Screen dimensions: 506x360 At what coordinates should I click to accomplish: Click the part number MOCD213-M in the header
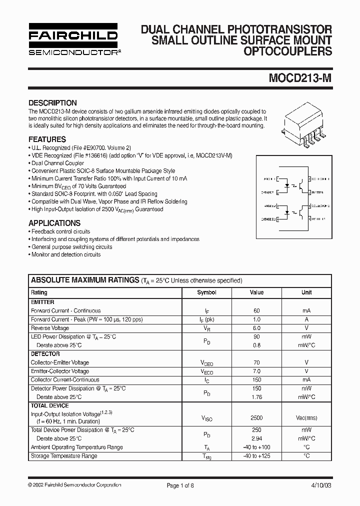click(x=300, y=79)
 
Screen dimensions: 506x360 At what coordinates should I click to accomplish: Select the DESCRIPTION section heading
click(x=52, y=103)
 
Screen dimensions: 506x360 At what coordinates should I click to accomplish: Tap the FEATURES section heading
click(x=47, y=139)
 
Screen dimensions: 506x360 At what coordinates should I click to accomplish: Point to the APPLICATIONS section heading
click(x=54, y=223)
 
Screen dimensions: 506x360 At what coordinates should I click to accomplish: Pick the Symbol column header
click(x=206, y=292)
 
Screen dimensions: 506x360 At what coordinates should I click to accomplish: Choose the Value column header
click(x=256, y=292)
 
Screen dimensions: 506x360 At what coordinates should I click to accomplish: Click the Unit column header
click(x=306, y=292)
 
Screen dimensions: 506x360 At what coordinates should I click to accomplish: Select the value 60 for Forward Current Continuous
click(x=256, y=310)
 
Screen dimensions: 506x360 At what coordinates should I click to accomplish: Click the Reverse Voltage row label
click(x=50, y=328)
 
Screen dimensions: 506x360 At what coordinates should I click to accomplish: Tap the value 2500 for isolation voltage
click(x=256, y=417)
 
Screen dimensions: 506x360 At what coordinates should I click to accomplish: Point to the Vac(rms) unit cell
click(x=306, y=417)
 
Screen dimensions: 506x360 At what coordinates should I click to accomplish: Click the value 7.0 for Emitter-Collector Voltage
click(x=256, y=371)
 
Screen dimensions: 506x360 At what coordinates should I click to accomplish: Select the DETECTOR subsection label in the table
click(x=45, y=354)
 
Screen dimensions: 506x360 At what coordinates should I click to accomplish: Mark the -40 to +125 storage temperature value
click(x=256, y=456)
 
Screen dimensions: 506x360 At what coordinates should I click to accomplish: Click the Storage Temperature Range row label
click(x=64, y=456)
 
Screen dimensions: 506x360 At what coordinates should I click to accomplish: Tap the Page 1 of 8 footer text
click(x=180, y=485)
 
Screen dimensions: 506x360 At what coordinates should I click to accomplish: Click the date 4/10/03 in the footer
click(x=320, y=485)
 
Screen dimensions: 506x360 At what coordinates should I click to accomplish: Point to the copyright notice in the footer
click(x=74, y=485)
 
